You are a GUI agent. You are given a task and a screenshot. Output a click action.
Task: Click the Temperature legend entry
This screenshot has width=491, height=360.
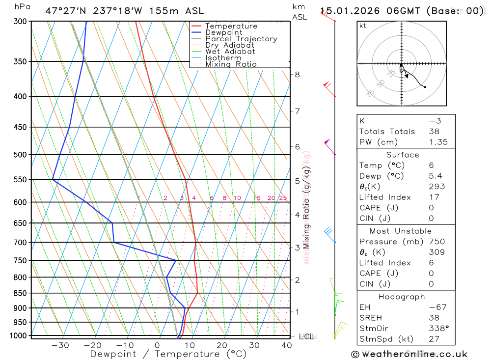coord(231,26)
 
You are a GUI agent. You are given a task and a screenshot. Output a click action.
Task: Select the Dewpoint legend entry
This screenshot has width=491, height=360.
coord(223,32)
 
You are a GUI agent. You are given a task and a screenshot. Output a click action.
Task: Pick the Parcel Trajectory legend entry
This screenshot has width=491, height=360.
coord(241,39)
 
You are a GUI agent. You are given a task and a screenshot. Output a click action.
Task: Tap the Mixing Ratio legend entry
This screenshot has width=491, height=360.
coord(231,64)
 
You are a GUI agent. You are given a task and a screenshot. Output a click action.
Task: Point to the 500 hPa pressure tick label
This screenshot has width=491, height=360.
coord(20,155)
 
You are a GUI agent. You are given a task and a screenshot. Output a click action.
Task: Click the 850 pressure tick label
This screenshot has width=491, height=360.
coord(20,293)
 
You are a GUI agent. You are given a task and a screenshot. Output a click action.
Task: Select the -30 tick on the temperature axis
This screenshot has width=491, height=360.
coord(60,345)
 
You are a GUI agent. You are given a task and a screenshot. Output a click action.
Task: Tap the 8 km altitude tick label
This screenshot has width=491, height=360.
coord(297,75)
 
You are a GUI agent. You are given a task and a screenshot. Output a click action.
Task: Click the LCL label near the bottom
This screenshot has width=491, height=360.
coord(306,336)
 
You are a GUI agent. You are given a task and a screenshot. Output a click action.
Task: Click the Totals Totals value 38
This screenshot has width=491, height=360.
coord(434,132)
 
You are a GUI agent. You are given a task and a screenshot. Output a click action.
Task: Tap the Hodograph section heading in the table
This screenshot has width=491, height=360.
coord(402,297)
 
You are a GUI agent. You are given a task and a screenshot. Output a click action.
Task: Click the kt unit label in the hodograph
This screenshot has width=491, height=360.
coord(363,26)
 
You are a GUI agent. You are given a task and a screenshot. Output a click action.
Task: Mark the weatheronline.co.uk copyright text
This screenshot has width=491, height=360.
coord(409,354)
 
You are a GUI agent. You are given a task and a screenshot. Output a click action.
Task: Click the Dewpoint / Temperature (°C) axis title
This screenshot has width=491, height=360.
coord(168,354)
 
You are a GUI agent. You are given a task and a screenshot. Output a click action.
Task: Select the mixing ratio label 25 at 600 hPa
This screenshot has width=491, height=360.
coord(283,198)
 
